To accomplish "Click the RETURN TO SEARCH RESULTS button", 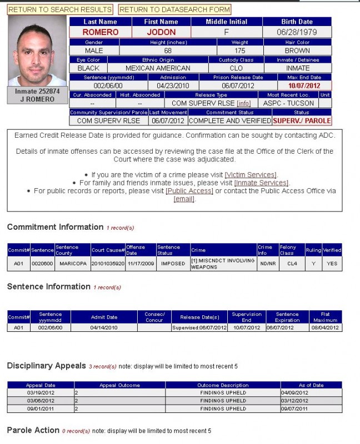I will click(x=60, y=9).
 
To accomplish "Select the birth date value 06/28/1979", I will click(x=297, y=32).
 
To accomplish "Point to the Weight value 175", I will click(x=239, y=51).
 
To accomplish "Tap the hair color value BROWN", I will click(x=297, y=51).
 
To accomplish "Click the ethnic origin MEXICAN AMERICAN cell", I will click(x=158, y=68).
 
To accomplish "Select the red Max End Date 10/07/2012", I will click(x=304, y=86).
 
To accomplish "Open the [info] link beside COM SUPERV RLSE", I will click(x=243, y=103).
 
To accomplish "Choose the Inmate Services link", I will click(x=261, y=183).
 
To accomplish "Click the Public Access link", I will click(x=189, y=191).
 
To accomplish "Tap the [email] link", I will click(x=184, y=199).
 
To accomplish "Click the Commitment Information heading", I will click(x=55, y=227).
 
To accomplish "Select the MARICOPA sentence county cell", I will click(x=73, y=264).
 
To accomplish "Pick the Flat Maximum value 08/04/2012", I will click(x=325, y=327).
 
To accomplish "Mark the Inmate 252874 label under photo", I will click(x=37, y=91).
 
